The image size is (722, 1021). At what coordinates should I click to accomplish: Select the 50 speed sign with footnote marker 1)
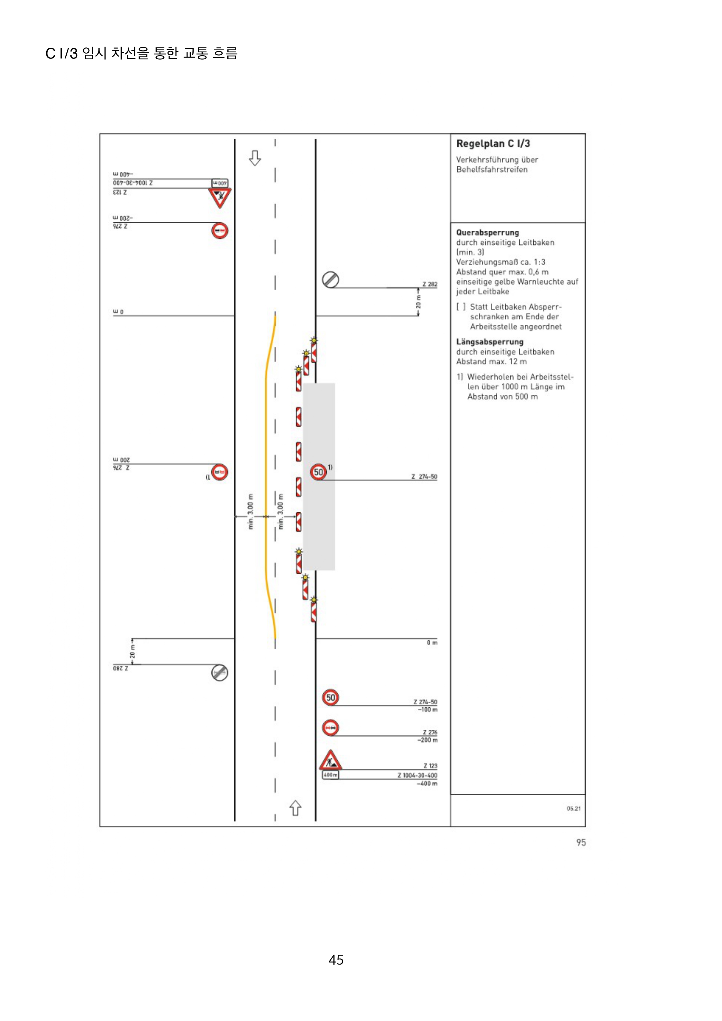click(x=318, y=472)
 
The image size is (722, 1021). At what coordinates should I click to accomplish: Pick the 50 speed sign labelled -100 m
click(x=330, y=697)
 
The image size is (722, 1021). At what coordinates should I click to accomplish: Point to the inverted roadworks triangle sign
click(x=220, y=197)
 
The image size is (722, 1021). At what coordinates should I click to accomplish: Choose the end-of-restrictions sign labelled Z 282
click(x=330, y=280)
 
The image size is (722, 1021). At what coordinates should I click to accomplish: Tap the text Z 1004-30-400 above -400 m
click(x=417, y=775)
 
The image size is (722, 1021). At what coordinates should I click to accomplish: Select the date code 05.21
click(x=574, y=808)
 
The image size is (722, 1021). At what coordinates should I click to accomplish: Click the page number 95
click(x=581, y=842)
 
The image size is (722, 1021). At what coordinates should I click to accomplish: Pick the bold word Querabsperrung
click(x=488, y=232)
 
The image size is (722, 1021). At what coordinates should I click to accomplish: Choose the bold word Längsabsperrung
click(x=490, y=342)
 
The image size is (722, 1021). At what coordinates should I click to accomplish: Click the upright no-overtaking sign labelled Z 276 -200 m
click(x=330, y=728)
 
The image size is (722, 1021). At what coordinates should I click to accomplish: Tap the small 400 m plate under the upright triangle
click(x=330, y=775)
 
